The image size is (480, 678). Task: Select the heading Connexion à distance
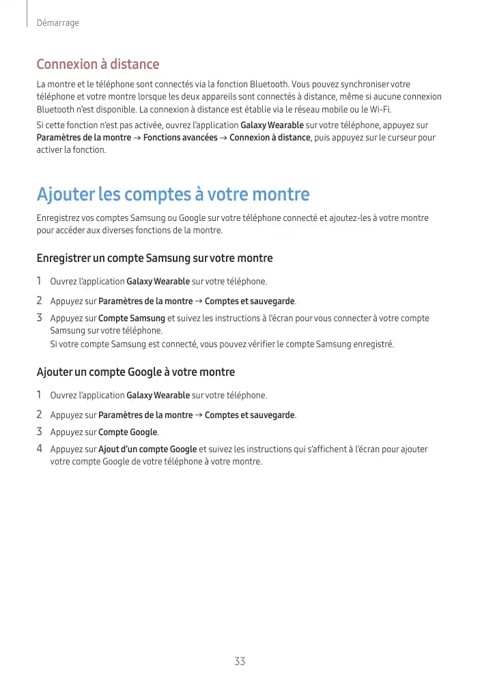click(x=98, y=64)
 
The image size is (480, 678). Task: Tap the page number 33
click(x=240, y=661)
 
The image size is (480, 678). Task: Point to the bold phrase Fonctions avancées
click(x=180, y=138)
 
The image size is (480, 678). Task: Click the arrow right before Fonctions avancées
click(x=137, y=138)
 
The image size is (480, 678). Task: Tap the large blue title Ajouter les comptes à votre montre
click(x=173, y=194)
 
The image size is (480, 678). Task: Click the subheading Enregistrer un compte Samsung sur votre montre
click(x=154, y=258)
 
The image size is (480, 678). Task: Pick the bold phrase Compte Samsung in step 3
click(x=132, y=318)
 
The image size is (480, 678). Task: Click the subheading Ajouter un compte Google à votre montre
click(x=135, y=372)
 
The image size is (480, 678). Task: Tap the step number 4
click(x=40, y=449)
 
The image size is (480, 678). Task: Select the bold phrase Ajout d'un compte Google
click(x=147, y=449)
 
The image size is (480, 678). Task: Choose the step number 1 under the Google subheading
click(x=40, y=395)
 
